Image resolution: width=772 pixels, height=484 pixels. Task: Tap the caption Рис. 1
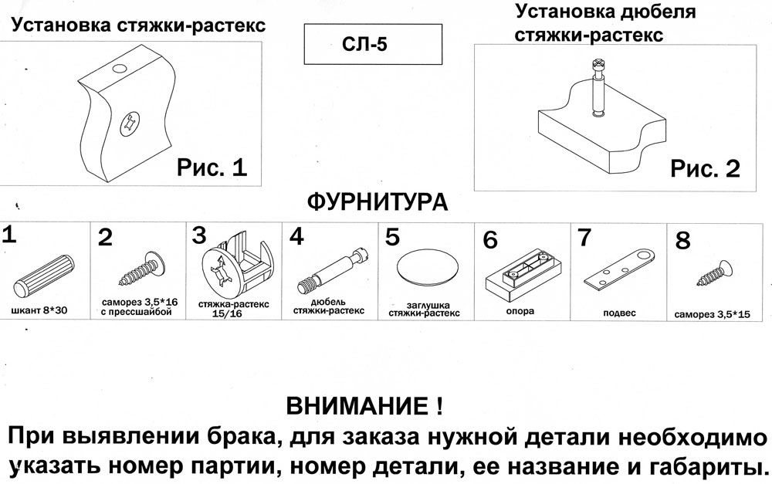pyautogui.click(x=212, y=168)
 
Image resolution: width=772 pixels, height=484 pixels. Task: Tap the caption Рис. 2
pyautogui.click(x=705, y=168)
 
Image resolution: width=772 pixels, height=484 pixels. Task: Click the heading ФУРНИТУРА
pyautogui.click(x=378, y=203)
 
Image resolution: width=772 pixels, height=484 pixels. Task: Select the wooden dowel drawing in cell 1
pyautogui.click(x=45, y=271)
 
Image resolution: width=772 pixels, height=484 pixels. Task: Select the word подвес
pyautogui.click(x=618, y=313)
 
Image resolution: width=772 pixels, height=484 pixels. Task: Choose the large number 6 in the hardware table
pyautogui.click(x=490, y=241)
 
